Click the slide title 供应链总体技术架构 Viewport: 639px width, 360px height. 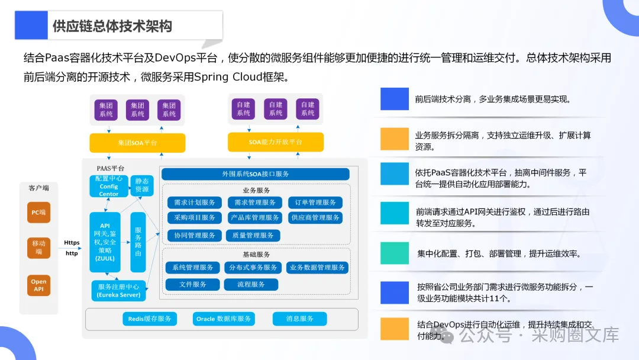[112, 27]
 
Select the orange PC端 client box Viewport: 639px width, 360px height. [38, 212]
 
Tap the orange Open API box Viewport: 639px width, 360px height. [38, 285]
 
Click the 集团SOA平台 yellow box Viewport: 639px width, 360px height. [137, 143]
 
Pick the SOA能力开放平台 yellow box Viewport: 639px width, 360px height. [275, 142]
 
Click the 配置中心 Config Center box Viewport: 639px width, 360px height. [108, 186]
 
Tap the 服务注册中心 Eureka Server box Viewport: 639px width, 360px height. [118, 291]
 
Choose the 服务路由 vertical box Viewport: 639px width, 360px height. [138, 242]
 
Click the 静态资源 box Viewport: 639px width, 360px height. [142, 185]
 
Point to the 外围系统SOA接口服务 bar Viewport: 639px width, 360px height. [255, 174]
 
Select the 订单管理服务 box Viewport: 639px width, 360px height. [315, 202]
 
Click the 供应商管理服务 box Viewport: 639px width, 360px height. [315, 218]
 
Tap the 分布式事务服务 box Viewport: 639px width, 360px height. [253, 268]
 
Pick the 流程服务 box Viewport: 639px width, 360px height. [251, 285]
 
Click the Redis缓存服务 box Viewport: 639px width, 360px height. [150, 319]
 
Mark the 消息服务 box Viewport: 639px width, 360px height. [299, 319]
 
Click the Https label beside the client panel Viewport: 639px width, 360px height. [72, 243]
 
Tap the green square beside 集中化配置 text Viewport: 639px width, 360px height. [394, 253]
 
